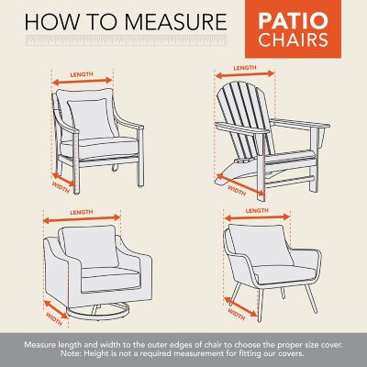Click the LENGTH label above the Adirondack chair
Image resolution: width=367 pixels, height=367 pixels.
point(244,68)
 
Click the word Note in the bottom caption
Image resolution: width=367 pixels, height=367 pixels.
point(92,353)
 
